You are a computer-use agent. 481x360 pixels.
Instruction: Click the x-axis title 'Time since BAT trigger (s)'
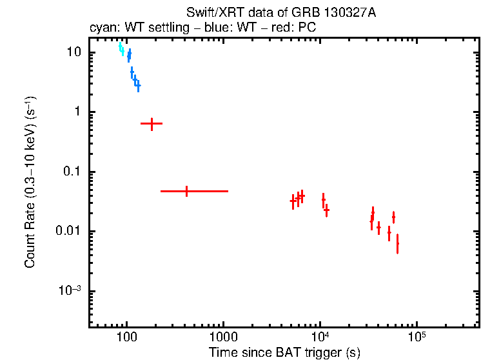284,352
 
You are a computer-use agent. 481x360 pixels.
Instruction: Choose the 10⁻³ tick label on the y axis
69,291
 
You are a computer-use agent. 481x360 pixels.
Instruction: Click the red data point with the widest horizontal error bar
186,191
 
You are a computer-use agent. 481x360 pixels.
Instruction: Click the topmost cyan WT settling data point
120,46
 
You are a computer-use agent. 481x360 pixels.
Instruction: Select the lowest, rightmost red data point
397,243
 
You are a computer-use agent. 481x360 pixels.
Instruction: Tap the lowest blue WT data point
137,85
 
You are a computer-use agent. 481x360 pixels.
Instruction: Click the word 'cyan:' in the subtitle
101,29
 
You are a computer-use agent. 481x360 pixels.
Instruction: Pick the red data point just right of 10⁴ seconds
326,210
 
